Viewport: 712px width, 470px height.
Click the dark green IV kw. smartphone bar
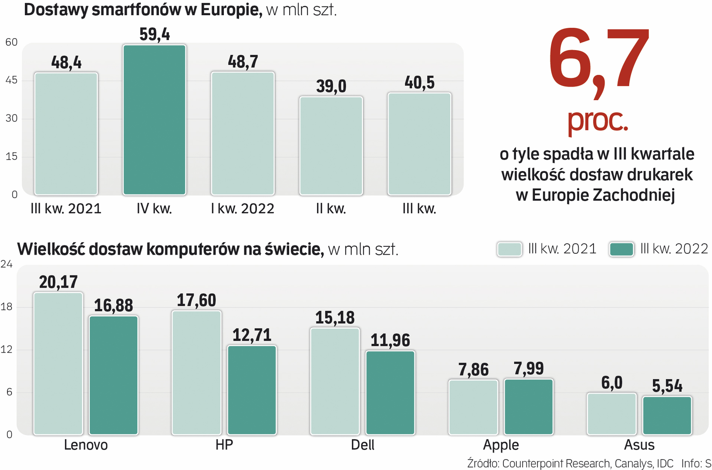(155, 120)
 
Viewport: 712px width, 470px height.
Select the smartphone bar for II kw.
(331, 145)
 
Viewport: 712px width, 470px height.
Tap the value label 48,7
(243, 62)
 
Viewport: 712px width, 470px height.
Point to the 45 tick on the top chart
(11, 80)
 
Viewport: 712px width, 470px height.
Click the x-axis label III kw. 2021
(66, 208)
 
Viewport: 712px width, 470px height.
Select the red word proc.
(597, 120)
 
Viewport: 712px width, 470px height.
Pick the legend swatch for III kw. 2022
(621, 249)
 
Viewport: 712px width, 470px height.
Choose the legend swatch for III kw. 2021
(509, 249)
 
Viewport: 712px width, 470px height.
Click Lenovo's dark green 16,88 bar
(114, 375)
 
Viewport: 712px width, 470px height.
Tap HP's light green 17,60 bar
(196, 372)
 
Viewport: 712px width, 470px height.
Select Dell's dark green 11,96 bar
(390, 392)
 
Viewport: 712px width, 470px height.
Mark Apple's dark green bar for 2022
(529, 406)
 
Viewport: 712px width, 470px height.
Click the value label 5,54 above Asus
(667, 386)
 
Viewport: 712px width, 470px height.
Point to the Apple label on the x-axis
(501, 445)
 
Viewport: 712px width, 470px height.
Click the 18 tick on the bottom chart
(7, 307)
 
